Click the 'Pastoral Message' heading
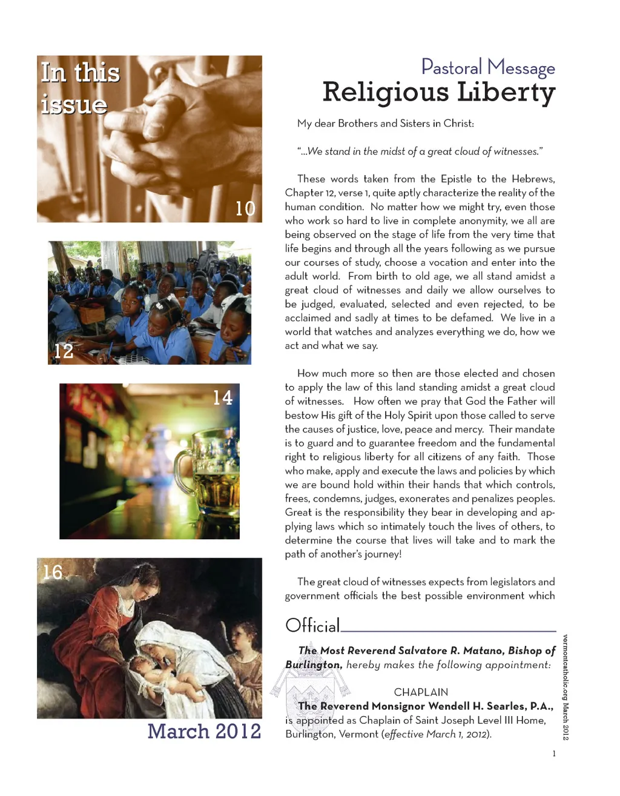coord(487,67)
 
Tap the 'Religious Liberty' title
coord(438,93)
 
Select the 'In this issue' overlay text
coord(80,88)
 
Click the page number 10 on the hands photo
coord(245,209)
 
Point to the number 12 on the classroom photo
coord(64,351)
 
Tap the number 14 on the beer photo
coord(222,398)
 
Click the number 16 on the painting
coord(53,572)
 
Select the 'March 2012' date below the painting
coord(204,732)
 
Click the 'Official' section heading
coord(312,625)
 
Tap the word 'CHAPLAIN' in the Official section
coord(421,692)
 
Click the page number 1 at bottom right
coord(553,754)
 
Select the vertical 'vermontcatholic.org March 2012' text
coord(565,687)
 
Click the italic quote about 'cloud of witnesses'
coord(420,151)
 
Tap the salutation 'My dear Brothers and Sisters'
coord(385,124)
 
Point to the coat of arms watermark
coord(310,688)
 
